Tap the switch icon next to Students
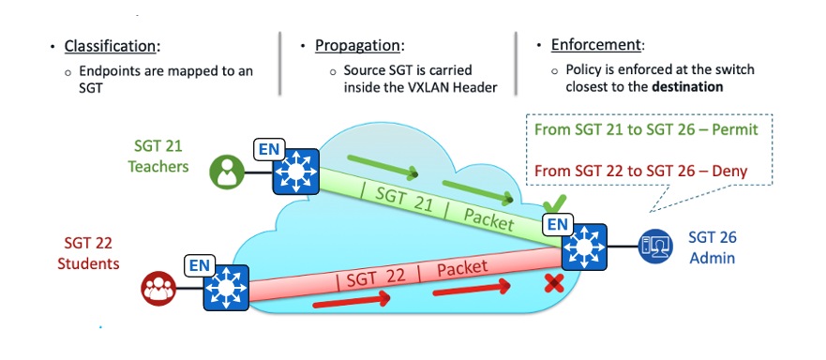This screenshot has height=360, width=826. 224,285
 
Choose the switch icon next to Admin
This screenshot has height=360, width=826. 583,247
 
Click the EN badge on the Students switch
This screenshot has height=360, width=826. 198,264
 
